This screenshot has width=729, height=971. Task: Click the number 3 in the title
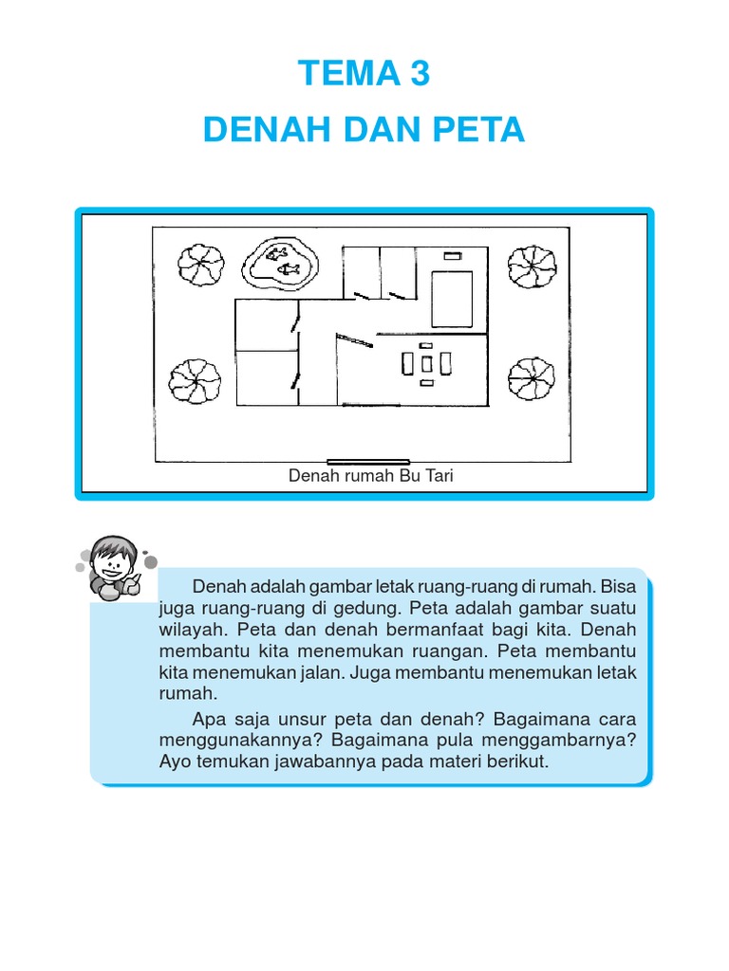point(418,74)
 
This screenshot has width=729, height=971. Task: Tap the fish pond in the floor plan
point(281,263)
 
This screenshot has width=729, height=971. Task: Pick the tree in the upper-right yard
point(531,266)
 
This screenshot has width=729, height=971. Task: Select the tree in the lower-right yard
point(531,380)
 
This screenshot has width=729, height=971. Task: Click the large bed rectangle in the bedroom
point(452,299)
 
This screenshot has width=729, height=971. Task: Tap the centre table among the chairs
point(427,364)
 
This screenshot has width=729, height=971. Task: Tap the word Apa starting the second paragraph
point(207,719)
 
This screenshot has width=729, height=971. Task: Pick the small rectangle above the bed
point(452,255)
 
